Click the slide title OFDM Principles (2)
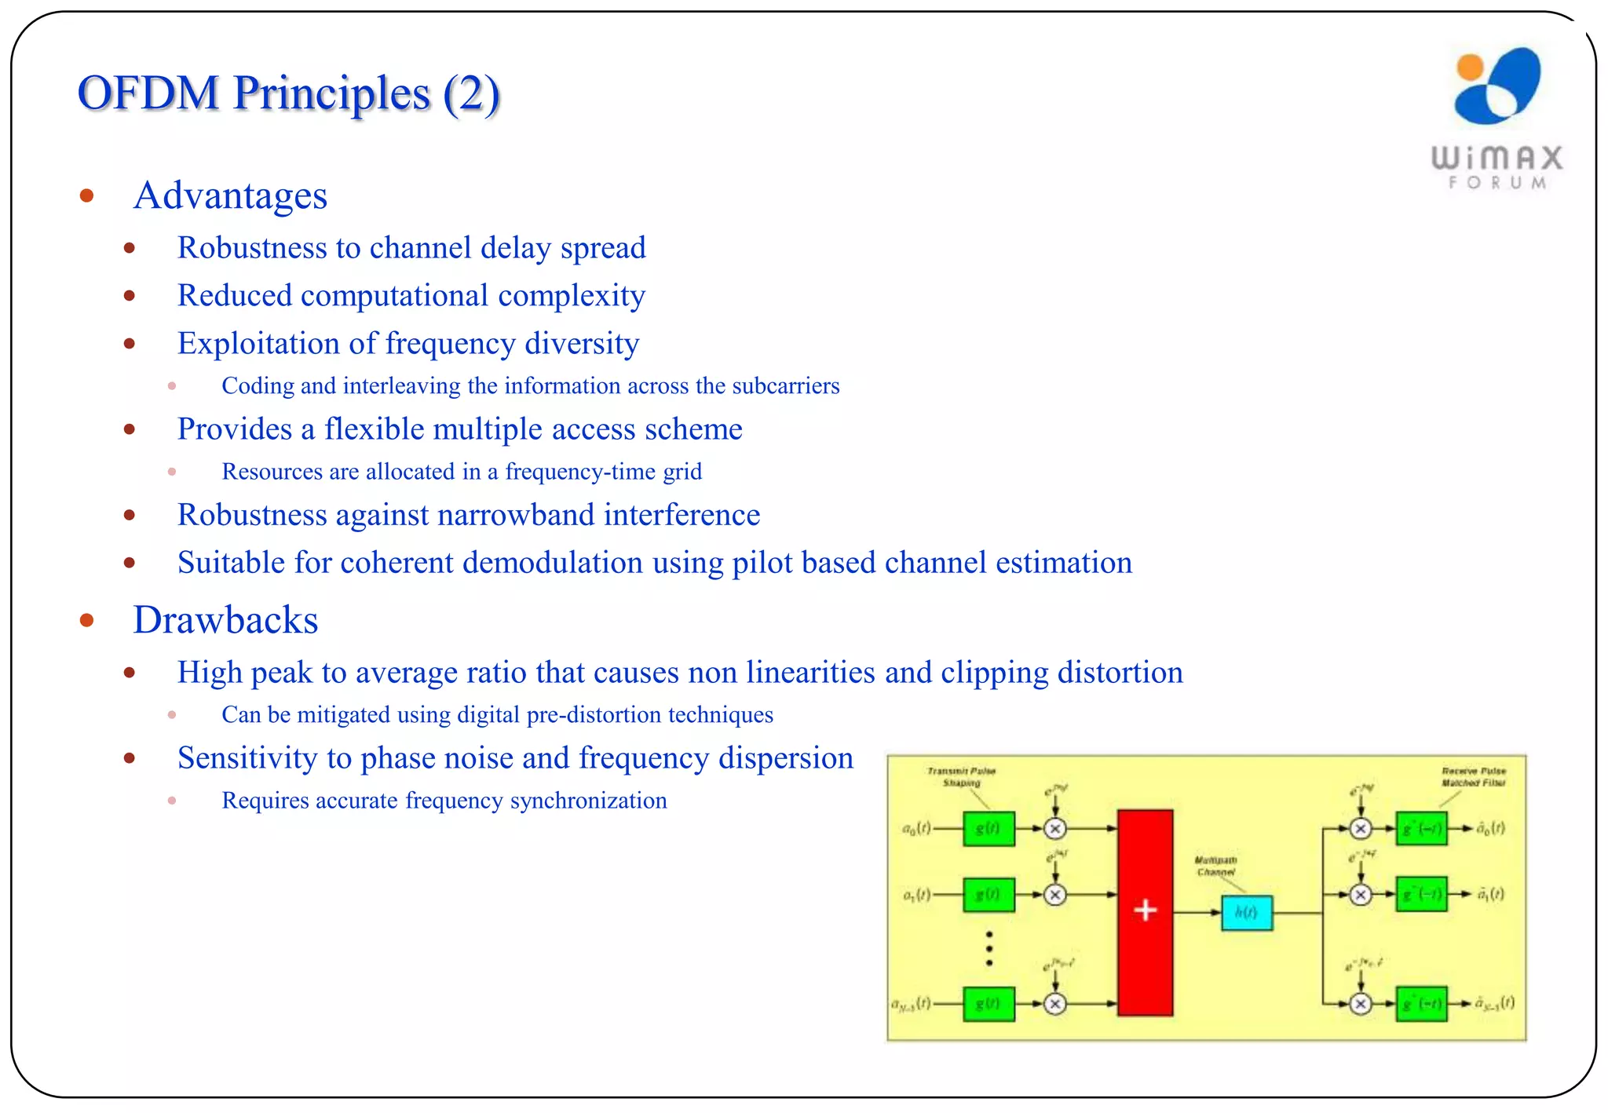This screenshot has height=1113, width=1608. [288, 93]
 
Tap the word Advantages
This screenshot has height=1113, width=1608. [230, 195]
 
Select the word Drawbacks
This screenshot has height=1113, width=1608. [225, 620]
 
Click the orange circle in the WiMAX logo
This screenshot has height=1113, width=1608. [1469, 68]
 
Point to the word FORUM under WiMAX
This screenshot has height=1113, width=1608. [1497, 183]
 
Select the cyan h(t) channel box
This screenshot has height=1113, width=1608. [1246, 912]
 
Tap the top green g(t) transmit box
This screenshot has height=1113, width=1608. [988, 829]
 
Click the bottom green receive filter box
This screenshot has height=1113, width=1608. [1421, 1004]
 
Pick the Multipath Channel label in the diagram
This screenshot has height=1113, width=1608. [1215, 866]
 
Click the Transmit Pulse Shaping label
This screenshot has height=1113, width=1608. [961, 776]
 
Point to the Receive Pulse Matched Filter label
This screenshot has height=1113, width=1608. [1473, 776]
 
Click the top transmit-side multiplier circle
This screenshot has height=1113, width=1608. [1055, 829]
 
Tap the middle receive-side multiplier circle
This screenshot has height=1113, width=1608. [1361, 895]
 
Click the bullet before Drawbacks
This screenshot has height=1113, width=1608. [87, 621]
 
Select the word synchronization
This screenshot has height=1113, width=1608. [588, 801]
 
